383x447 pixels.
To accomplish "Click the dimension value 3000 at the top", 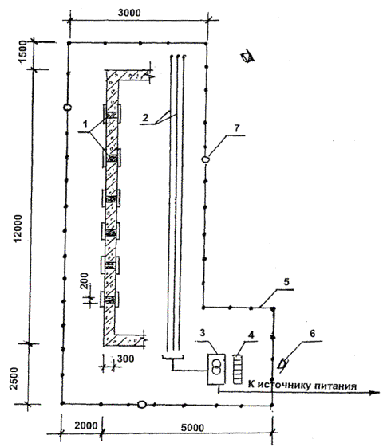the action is point(129,13).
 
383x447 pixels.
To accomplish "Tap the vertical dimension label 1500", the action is point(22,52).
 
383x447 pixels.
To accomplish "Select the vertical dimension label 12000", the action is point(18,229).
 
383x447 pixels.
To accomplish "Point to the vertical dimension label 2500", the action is point(14,378).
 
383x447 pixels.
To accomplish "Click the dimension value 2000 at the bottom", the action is point(86,425).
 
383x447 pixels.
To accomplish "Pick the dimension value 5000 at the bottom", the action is point(192,428).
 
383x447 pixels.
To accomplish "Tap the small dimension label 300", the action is point(125,359).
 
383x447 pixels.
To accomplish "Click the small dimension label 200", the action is point(85,281).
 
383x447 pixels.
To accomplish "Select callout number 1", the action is point(85,124).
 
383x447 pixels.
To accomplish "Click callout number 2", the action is point(145,117).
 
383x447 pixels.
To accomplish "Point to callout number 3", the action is point(203,333).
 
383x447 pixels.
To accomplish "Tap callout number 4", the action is point(251,335).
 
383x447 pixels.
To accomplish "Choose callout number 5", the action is point(286,281).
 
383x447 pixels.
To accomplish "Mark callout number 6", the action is point(313,333).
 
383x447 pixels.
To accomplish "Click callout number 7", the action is point(237,128).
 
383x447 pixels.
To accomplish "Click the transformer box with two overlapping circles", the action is point(216,369).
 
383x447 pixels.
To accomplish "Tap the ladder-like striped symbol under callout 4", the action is point(238,369).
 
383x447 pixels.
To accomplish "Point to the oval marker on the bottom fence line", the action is point(141,404).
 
